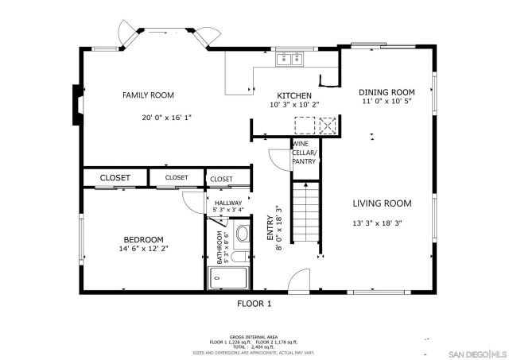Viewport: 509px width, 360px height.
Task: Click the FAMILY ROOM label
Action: [148, 95]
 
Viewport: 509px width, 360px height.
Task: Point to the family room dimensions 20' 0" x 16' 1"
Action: [167, 117]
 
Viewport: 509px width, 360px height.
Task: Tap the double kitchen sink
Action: [290, 59]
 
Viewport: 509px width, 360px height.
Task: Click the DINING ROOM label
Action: [387, 92]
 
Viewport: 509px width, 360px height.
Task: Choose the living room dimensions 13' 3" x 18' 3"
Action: [378, 223]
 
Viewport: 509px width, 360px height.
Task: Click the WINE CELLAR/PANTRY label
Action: [304, 153]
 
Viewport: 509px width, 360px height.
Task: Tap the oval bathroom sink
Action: [243, 259]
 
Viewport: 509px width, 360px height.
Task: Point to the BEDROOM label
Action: [143, 239]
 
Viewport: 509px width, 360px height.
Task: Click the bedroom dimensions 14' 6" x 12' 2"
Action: [143, 249]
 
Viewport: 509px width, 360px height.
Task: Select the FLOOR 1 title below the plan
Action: [254, 304]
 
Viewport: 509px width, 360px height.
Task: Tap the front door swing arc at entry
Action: [297, 280]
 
